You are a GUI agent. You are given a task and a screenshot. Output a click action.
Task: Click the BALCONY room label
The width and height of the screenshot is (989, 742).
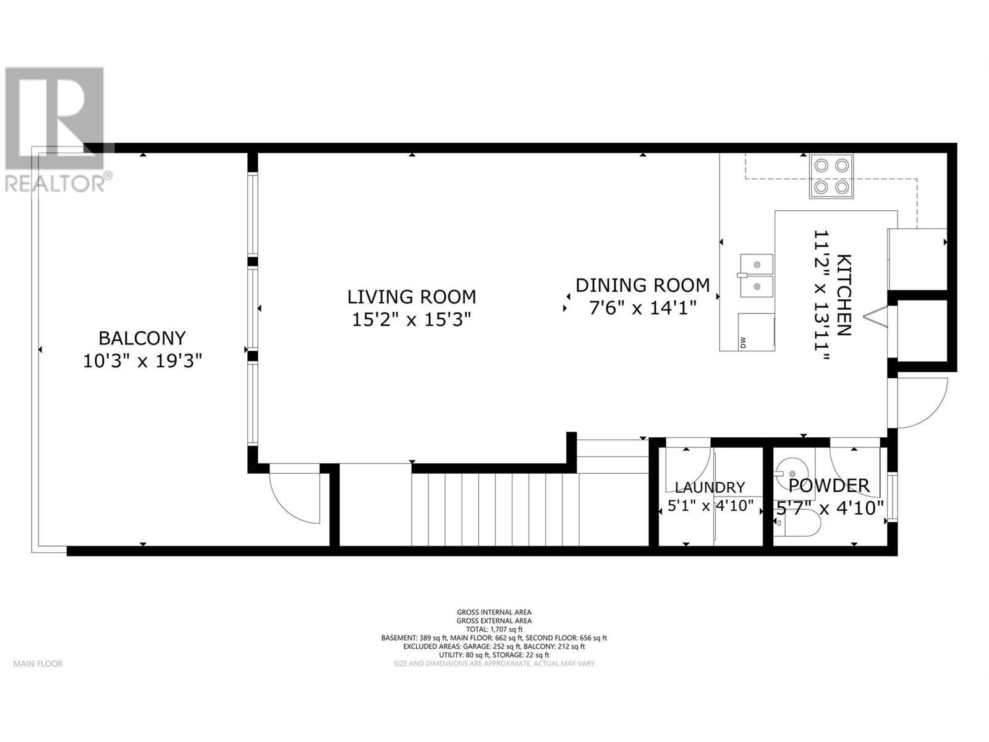142,338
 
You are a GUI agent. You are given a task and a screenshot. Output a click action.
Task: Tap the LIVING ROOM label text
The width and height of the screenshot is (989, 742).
411,297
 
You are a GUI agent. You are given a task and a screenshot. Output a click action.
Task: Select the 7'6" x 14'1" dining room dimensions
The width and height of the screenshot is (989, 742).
643,307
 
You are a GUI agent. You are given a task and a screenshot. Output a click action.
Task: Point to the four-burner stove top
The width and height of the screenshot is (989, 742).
831,176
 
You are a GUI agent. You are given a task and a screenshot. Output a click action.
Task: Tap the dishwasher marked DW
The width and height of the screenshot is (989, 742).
755,333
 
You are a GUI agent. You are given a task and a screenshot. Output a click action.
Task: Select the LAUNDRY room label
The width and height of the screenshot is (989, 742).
710,487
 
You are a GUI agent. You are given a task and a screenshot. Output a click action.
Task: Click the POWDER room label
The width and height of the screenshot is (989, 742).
829,486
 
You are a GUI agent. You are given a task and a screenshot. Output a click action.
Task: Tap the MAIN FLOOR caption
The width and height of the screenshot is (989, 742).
38,663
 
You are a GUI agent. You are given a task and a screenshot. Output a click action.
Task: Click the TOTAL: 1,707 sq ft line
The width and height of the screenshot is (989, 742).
494,629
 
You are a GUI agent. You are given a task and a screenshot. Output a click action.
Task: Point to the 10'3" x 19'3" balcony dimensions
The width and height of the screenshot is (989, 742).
143,361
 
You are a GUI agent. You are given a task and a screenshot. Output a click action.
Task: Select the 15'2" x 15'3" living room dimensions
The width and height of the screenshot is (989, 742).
411,320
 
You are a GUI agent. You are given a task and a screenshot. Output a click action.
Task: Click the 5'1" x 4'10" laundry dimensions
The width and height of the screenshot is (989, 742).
710,506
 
